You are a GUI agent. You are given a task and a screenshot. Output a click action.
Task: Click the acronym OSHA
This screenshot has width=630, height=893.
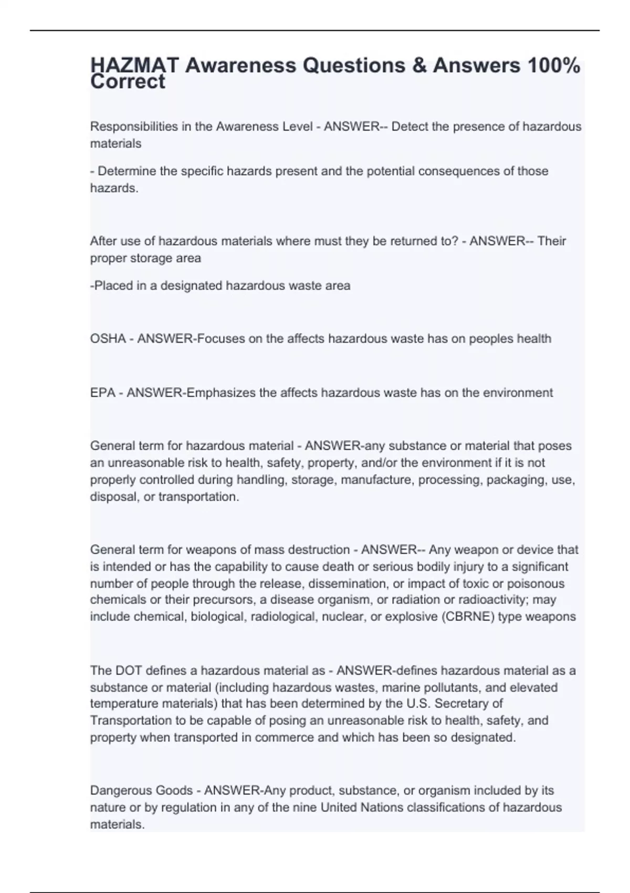point(108,339)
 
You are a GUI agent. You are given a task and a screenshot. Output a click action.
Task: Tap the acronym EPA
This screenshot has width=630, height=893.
point(102,392)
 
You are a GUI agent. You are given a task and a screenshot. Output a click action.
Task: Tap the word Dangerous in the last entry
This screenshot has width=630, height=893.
point(120,791)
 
